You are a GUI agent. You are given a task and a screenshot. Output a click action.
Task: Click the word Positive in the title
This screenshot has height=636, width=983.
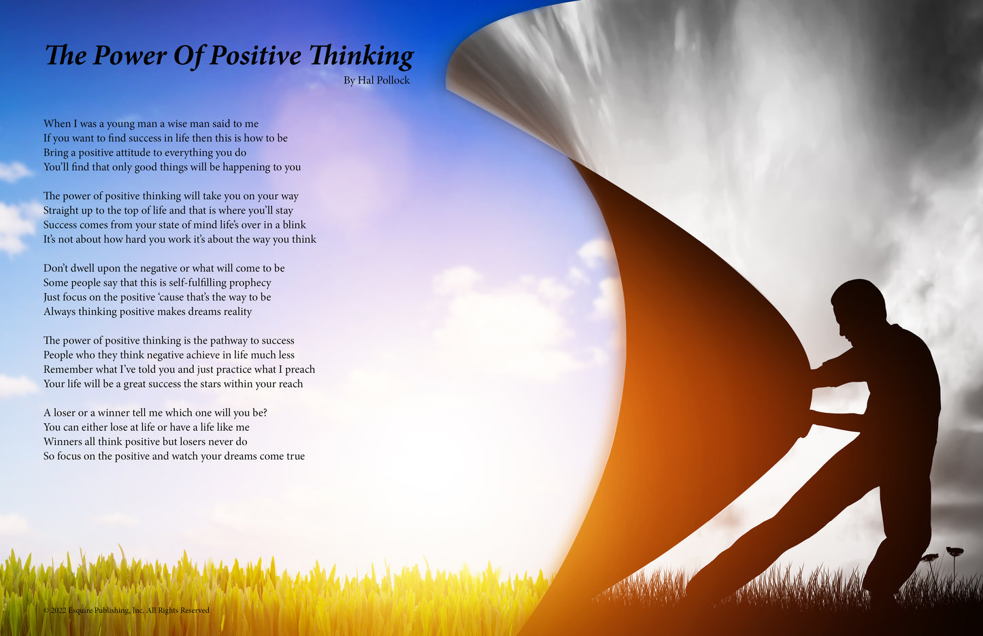[256, 55]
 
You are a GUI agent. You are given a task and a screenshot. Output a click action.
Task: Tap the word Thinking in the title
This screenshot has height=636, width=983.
[361, 56]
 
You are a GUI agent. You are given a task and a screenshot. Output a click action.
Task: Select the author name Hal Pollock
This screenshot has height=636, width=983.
[384, 80]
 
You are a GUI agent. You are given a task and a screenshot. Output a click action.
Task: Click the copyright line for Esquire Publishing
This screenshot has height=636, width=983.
[127, 610]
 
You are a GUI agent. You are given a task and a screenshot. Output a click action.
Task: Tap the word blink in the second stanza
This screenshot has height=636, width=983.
[294, 224]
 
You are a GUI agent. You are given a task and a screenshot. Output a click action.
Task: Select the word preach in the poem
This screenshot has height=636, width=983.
[300, 369]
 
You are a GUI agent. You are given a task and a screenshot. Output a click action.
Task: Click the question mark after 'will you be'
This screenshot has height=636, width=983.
[265, 413]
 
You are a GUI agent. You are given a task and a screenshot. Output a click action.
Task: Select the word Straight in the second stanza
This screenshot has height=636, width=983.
[61, 211]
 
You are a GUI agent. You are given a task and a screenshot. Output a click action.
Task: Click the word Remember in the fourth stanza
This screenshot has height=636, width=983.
[68, 369]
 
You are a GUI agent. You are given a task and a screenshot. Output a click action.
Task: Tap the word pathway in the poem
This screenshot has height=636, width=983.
[229, 341]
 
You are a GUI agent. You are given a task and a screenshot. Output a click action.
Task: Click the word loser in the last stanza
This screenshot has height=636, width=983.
[65, 413]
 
